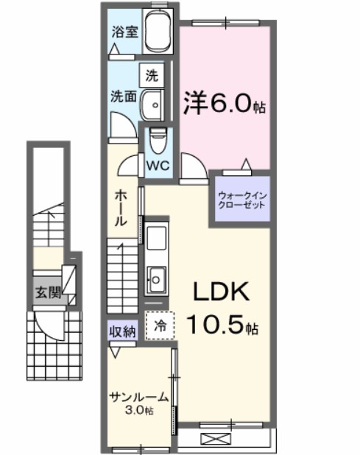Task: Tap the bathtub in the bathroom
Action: (158, 33)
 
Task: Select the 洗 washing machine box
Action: (151, 74)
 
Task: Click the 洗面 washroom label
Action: (122, 96)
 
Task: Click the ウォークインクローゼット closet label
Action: (240, 201)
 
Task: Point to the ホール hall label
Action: (121, 208)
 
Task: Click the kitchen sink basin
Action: (157, 277)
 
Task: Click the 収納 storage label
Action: (123, 331)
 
